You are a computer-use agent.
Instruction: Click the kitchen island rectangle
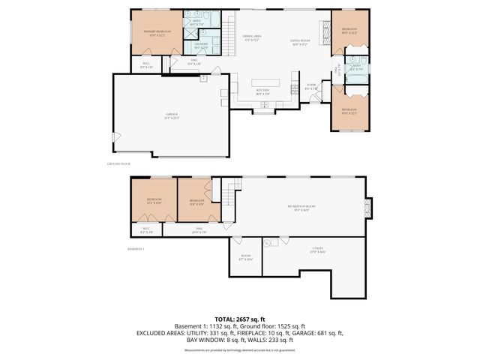point(262,82)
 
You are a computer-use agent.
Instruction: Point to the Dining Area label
point(251,37)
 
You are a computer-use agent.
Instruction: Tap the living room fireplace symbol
point(325,32)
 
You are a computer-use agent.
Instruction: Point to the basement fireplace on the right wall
point(367,205)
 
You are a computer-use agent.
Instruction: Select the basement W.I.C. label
point(146,230)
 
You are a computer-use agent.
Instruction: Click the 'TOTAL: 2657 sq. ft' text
point(240,319)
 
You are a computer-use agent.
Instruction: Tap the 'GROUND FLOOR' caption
point(119,163)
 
